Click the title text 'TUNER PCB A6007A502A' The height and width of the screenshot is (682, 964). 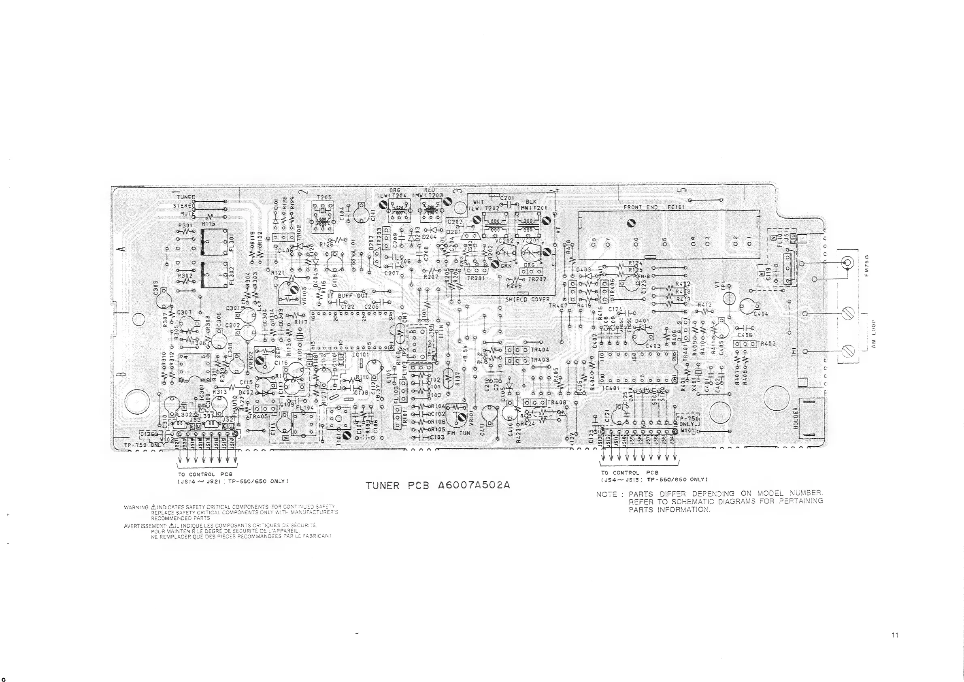pyautogui.click(x=438, y=486)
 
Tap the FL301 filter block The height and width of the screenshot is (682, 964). pyautogui.click(x=215, y=242)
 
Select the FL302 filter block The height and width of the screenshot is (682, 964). pyautogui.click(x=215, y=275)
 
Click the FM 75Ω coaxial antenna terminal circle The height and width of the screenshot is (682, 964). pyautogui.click(x=847, y=263)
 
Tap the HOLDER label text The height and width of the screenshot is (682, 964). pyautogui.click(x=795, y=418)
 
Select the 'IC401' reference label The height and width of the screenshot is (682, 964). pyautogui.click(x=611, y=388)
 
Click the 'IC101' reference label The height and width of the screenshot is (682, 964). pyautogui.click(x=360, y=355)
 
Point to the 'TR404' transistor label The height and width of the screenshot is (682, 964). pyautogui.click(x=540, y=350)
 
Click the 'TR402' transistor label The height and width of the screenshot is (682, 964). pyautogui.click(x=766, y=343)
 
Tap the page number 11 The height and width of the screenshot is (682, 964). pyautogui.click(x=895, y=635)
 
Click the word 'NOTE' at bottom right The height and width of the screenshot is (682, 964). pyautogui.click(x=606, y=494)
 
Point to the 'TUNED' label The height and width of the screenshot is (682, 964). pyautogui.click(x=185, y=197)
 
